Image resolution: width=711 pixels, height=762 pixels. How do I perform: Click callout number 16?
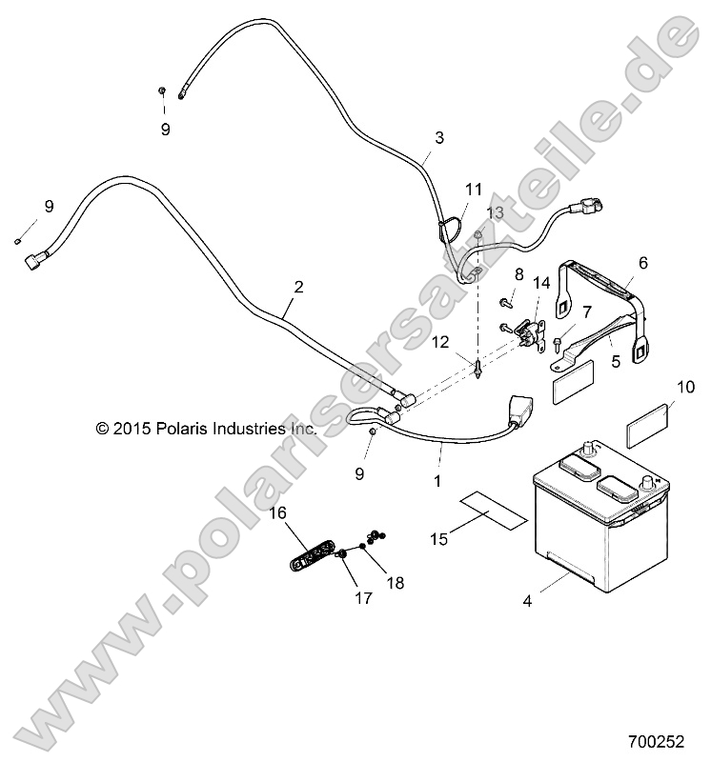(278, 512)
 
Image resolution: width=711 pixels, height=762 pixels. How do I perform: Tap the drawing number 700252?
(656, 742)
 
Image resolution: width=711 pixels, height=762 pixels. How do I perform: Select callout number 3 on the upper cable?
(439, 137)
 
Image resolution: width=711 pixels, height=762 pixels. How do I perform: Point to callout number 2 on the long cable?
(298, 287)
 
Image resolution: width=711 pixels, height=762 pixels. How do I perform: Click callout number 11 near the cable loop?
(473, 189)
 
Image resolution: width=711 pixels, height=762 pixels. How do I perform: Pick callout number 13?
(496, 212)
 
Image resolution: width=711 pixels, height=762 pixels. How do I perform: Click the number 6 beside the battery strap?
(643, 263)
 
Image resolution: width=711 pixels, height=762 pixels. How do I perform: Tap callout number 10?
(685, 388)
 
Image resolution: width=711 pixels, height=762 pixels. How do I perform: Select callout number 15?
(438, 539)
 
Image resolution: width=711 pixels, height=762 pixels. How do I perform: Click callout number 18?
(396, 583)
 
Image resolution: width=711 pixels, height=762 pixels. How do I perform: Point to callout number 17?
(363, 598)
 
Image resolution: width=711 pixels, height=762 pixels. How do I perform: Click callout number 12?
(440, 342)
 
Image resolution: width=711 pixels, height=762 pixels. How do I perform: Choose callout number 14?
(541, 283)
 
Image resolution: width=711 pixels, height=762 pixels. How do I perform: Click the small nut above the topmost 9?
(163, 90)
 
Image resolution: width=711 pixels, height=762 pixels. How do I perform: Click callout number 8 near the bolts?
(518, 274)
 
